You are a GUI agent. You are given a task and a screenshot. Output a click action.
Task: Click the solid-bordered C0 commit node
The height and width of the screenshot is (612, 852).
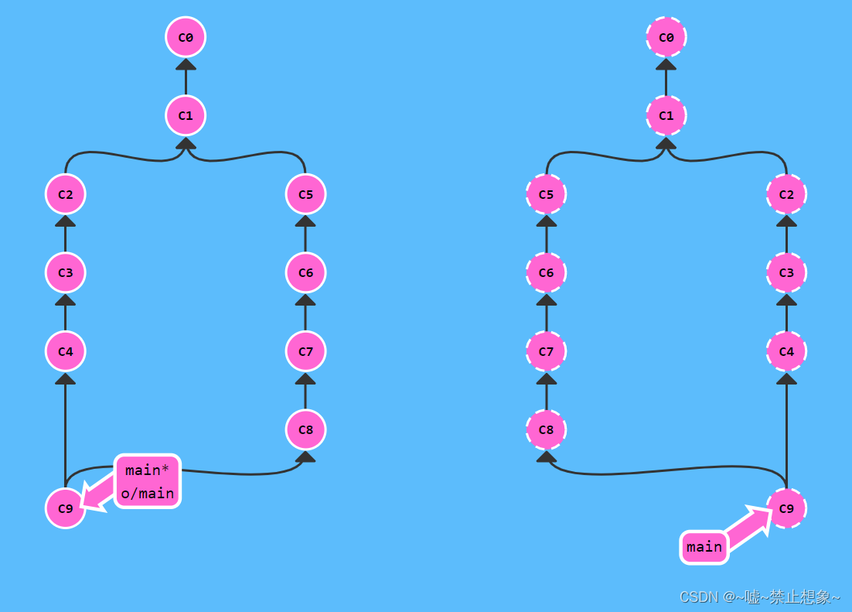[186, 36]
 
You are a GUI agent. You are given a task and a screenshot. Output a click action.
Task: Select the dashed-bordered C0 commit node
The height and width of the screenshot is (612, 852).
[666, 36]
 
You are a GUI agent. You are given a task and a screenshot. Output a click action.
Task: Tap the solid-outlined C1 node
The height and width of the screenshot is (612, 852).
[186, 115]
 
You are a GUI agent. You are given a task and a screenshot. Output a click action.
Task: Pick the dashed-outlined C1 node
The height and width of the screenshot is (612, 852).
[666, 115]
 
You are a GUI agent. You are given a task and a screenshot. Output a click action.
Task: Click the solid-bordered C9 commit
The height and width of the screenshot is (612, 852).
[65, 508]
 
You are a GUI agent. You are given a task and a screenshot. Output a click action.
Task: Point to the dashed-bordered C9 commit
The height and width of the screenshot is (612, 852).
[786, 508]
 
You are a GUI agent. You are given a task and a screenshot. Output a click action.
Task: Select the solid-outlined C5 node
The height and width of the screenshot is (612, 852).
[305, 193]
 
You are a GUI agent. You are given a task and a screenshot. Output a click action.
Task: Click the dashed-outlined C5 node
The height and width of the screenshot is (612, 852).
[546, 193]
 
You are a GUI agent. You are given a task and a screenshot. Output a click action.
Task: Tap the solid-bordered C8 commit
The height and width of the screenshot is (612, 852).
[305, 429]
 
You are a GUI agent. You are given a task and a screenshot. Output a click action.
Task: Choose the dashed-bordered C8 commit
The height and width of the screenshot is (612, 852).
[546, 429]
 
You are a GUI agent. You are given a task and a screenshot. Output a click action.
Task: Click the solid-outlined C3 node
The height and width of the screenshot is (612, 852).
[65, 272]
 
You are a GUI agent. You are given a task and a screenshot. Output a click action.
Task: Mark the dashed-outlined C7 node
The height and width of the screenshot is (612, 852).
[546, 351]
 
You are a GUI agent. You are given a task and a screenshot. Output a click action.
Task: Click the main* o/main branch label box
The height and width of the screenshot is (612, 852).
[148, 480]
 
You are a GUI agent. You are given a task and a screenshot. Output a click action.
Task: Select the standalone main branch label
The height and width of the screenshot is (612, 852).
[704, 547]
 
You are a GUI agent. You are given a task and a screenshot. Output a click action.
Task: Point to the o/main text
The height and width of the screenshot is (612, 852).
[148, 493]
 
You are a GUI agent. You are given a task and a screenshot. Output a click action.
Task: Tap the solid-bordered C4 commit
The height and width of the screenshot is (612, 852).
[65, 351]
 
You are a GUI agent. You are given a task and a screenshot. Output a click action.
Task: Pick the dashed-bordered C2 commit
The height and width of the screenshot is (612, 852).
[786, 193]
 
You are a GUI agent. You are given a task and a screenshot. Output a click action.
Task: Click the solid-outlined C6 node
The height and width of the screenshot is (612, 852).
[305, 272]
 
